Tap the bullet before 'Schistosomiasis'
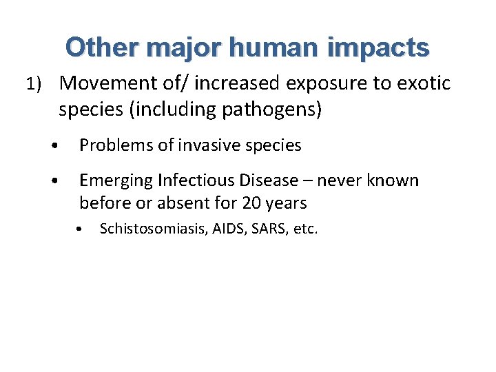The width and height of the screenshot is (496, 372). (x=81, y=230)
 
